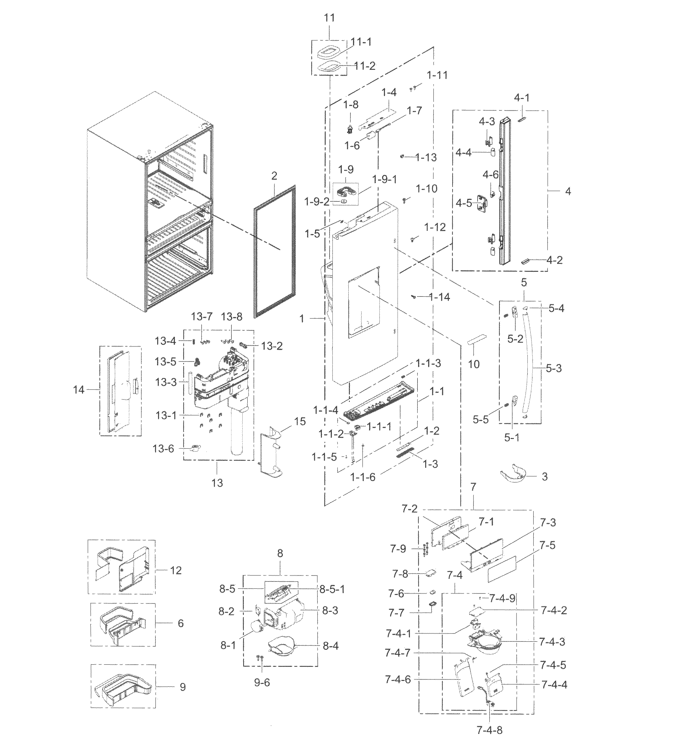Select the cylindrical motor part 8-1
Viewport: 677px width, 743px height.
point(254,626)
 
